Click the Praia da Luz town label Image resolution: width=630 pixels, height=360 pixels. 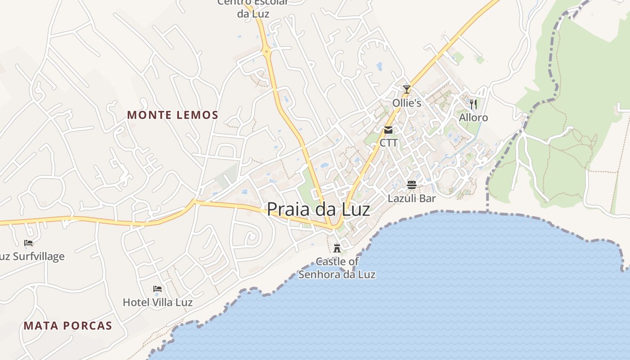pos(319,210)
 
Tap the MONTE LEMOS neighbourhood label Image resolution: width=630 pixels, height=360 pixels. pos(173,115)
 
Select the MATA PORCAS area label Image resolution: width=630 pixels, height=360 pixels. pos(68,326)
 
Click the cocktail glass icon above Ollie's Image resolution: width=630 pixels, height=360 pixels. pos(407,90)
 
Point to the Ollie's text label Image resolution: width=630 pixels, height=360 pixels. pos(407,103)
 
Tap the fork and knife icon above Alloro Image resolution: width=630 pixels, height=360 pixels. pos(473,104)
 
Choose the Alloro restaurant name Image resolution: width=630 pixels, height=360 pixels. pos(473,118)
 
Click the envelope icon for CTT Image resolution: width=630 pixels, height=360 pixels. pos(388,130)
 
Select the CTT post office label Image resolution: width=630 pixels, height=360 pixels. pos(389,143)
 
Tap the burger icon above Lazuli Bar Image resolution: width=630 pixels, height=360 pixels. pos(412,184)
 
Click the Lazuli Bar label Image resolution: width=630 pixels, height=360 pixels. pos(412,198)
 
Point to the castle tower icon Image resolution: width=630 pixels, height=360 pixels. pos(337,248)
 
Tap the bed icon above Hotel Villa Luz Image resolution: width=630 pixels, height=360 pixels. pos(157,288)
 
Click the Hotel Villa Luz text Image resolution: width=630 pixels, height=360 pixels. pos(157,302)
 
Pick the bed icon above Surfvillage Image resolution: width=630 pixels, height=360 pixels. pos(28,243)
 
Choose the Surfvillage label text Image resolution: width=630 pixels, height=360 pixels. pos(32,256)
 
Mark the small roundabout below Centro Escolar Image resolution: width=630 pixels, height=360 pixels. pos(267,51)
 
